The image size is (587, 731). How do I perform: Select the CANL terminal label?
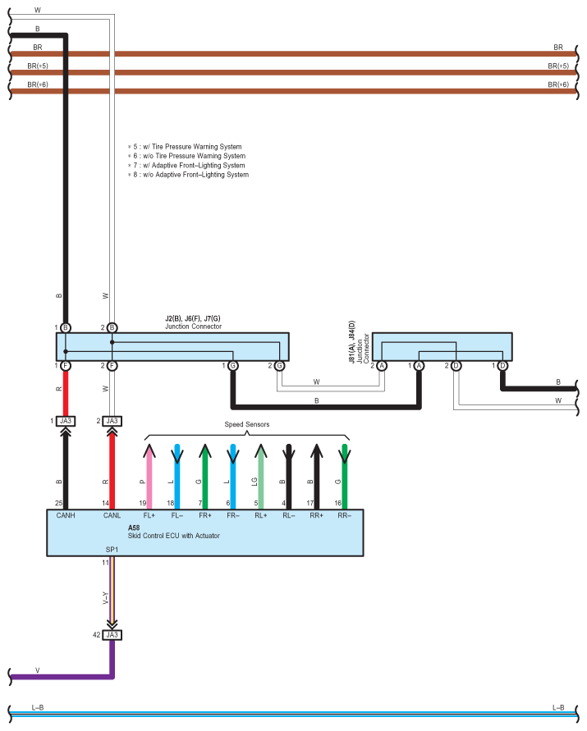(x=112, y=516)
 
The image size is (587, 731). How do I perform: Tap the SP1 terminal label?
(x=112, y=551)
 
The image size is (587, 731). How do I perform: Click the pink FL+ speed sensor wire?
(x=149, y=476)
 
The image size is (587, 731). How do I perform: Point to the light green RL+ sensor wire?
(x=260, y=476)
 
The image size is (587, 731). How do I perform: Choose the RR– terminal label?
(x=344, y=516)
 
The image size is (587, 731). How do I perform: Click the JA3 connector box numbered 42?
(x=112, y=634)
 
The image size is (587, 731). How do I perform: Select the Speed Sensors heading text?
(x=247, y=424)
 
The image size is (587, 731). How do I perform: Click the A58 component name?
(x=134, y=528)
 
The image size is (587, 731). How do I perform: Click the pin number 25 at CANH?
(x=58, y=502)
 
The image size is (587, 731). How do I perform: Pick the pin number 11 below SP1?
(x=105, y=563)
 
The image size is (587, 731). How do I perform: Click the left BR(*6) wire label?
(x=38, y=85)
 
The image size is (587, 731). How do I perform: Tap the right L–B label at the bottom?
(x=557, y=707)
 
